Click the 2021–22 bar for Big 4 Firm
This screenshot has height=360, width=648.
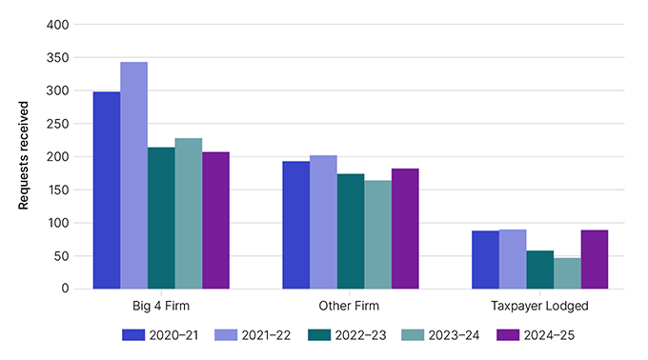coord(133,175)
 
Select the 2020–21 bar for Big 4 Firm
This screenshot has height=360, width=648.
coord(107,190)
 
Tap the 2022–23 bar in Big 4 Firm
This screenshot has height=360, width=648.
coord(161,218)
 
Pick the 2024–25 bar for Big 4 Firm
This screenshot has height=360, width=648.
coord(215,220)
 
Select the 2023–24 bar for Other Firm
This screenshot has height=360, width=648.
coord(377,234)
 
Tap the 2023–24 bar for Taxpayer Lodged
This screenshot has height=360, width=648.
coord(567,273)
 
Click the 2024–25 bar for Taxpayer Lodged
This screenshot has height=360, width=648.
coord(595,259)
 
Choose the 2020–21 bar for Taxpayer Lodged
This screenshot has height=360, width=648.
coord(486,260)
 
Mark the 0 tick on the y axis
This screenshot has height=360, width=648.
coord(62,289)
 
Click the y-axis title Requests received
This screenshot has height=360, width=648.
coord(24,155)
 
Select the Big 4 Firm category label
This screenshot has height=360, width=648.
coord(161,307)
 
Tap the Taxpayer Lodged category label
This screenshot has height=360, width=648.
coord(540,307)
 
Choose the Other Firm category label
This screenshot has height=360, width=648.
coord(351,307)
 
